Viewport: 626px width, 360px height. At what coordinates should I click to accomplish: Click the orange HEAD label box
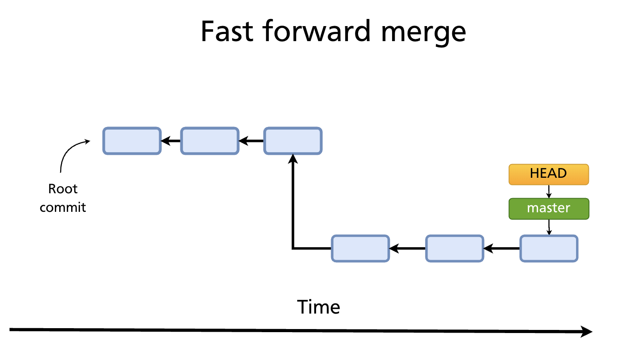pos(549,174)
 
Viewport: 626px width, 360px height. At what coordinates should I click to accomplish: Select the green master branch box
pos(549,209)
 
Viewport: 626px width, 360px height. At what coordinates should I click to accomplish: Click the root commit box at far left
pos(132,141)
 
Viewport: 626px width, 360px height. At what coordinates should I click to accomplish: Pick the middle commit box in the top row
pos(210,141)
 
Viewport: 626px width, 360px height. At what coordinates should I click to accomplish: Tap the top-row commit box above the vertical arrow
pos(293,141)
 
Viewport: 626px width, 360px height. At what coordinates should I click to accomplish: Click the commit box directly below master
pos(549,249)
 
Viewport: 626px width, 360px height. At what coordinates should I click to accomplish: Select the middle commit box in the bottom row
pos(454,249)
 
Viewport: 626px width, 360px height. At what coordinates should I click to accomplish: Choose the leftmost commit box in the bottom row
pos(360,249)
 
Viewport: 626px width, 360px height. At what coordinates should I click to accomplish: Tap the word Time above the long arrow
pos(318,307)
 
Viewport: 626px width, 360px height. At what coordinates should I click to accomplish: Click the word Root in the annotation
pos(63,189)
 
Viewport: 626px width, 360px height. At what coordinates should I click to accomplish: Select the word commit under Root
pos(63,207)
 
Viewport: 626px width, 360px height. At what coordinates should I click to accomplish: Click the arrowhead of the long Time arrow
pos(587,332)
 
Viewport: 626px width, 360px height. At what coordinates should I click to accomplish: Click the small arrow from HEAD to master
pos(549,191)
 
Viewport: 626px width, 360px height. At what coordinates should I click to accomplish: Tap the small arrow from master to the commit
pos(549,227)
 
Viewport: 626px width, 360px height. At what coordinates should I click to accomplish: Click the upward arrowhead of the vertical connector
pos(293,158)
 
